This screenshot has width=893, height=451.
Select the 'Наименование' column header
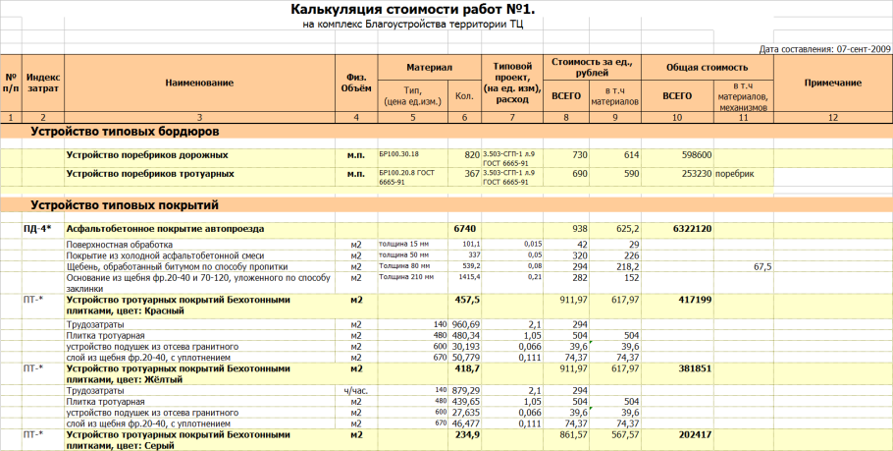point(199,83)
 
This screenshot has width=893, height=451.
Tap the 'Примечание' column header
point(832,83)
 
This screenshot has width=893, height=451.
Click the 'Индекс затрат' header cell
point(43,83)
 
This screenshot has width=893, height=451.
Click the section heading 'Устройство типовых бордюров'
point(124,131)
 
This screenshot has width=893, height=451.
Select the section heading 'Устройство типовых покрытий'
point(124,205)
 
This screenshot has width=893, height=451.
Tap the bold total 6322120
point(693,229)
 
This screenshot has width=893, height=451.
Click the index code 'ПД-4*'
point(38,229)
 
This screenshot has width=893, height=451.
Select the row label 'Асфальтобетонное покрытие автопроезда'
point(165,229)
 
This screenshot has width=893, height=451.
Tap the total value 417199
point(695,301)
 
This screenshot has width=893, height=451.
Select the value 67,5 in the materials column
point(762,266)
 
